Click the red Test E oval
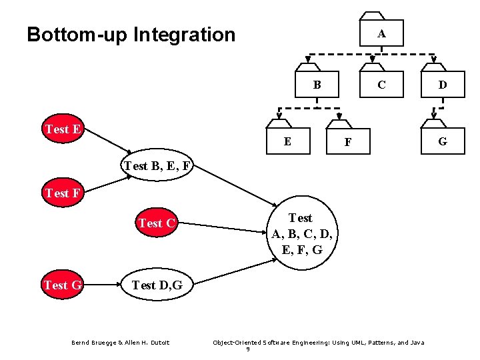63,129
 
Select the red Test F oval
63,194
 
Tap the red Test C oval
157,223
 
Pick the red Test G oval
62,285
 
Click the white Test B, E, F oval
157,166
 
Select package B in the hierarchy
317,85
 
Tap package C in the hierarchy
381,85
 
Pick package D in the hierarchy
442,85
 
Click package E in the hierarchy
287,141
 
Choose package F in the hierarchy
347,142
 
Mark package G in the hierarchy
442,141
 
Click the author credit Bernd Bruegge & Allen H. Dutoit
121,343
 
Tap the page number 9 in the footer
248,349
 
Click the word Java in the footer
417,343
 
